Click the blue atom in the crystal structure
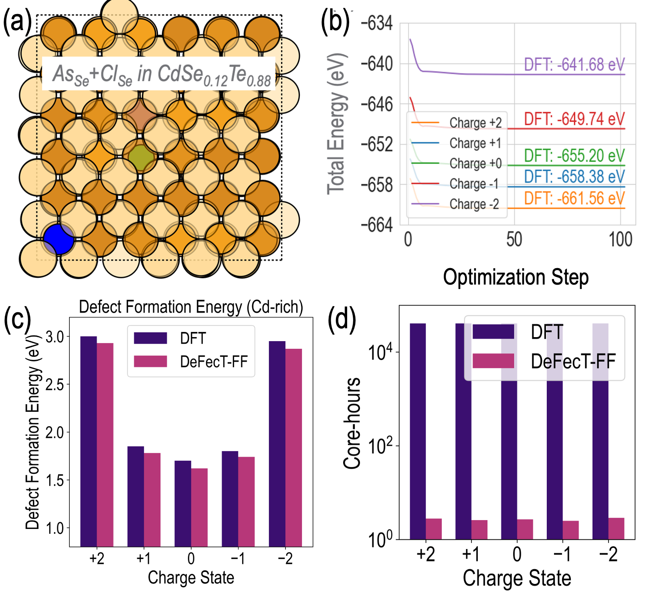click(x=59, y=239)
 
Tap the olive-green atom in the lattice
click(x=141, y=158)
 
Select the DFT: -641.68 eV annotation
click(x=574, y=64)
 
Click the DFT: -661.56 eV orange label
click(x=574, y=198)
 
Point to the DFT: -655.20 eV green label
click(x=574, y=156)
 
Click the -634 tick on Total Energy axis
click(x=377, y=23)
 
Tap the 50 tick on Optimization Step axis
click(x=514, y=240)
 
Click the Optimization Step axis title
click(x=516, y=277)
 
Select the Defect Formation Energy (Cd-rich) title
click(x=191, y=307)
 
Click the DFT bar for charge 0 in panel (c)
click(x=183, y=503)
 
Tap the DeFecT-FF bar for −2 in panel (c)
click(x=293, y=448)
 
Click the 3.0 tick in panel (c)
click(x=55, y=337)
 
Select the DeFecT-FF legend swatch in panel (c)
click(x=150, y=361)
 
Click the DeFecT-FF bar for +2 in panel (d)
click(x=433, y=529)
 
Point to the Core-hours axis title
click(x=352, y=423)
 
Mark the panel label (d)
click(x=342, y=319)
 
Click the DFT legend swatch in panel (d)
click(x=493, y=332)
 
